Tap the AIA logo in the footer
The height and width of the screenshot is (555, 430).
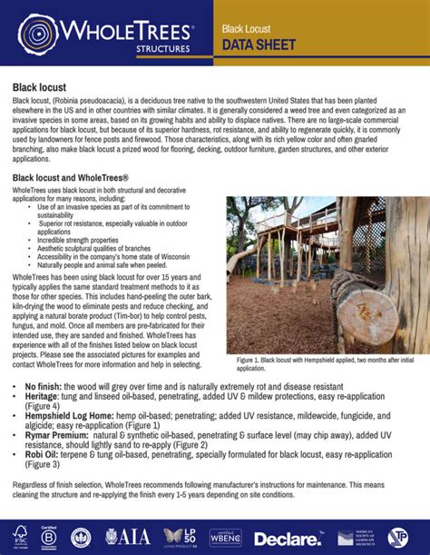[128, 536]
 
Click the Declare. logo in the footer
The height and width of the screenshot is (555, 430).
[288, 538]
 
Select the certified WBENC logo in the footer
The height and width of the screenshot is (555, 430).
[225, 537]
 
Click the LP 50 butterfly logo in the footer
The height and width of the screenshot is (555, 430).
[179, 536]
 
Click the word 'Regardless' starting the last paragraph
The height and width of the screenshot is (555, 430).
[33, 484]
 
